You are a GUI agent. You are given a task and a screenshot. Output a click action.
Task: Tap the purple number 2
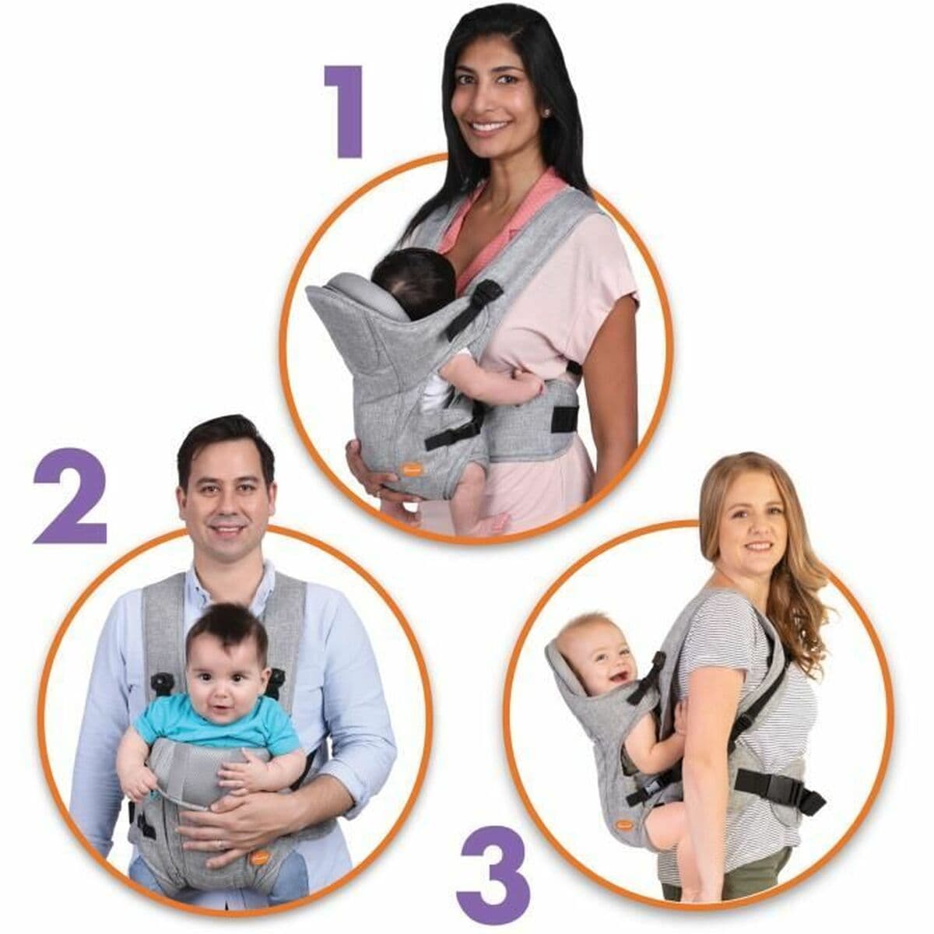[71, 496]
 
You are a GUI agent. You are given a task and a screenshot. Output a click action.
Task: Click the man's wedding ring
[219, 844]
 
